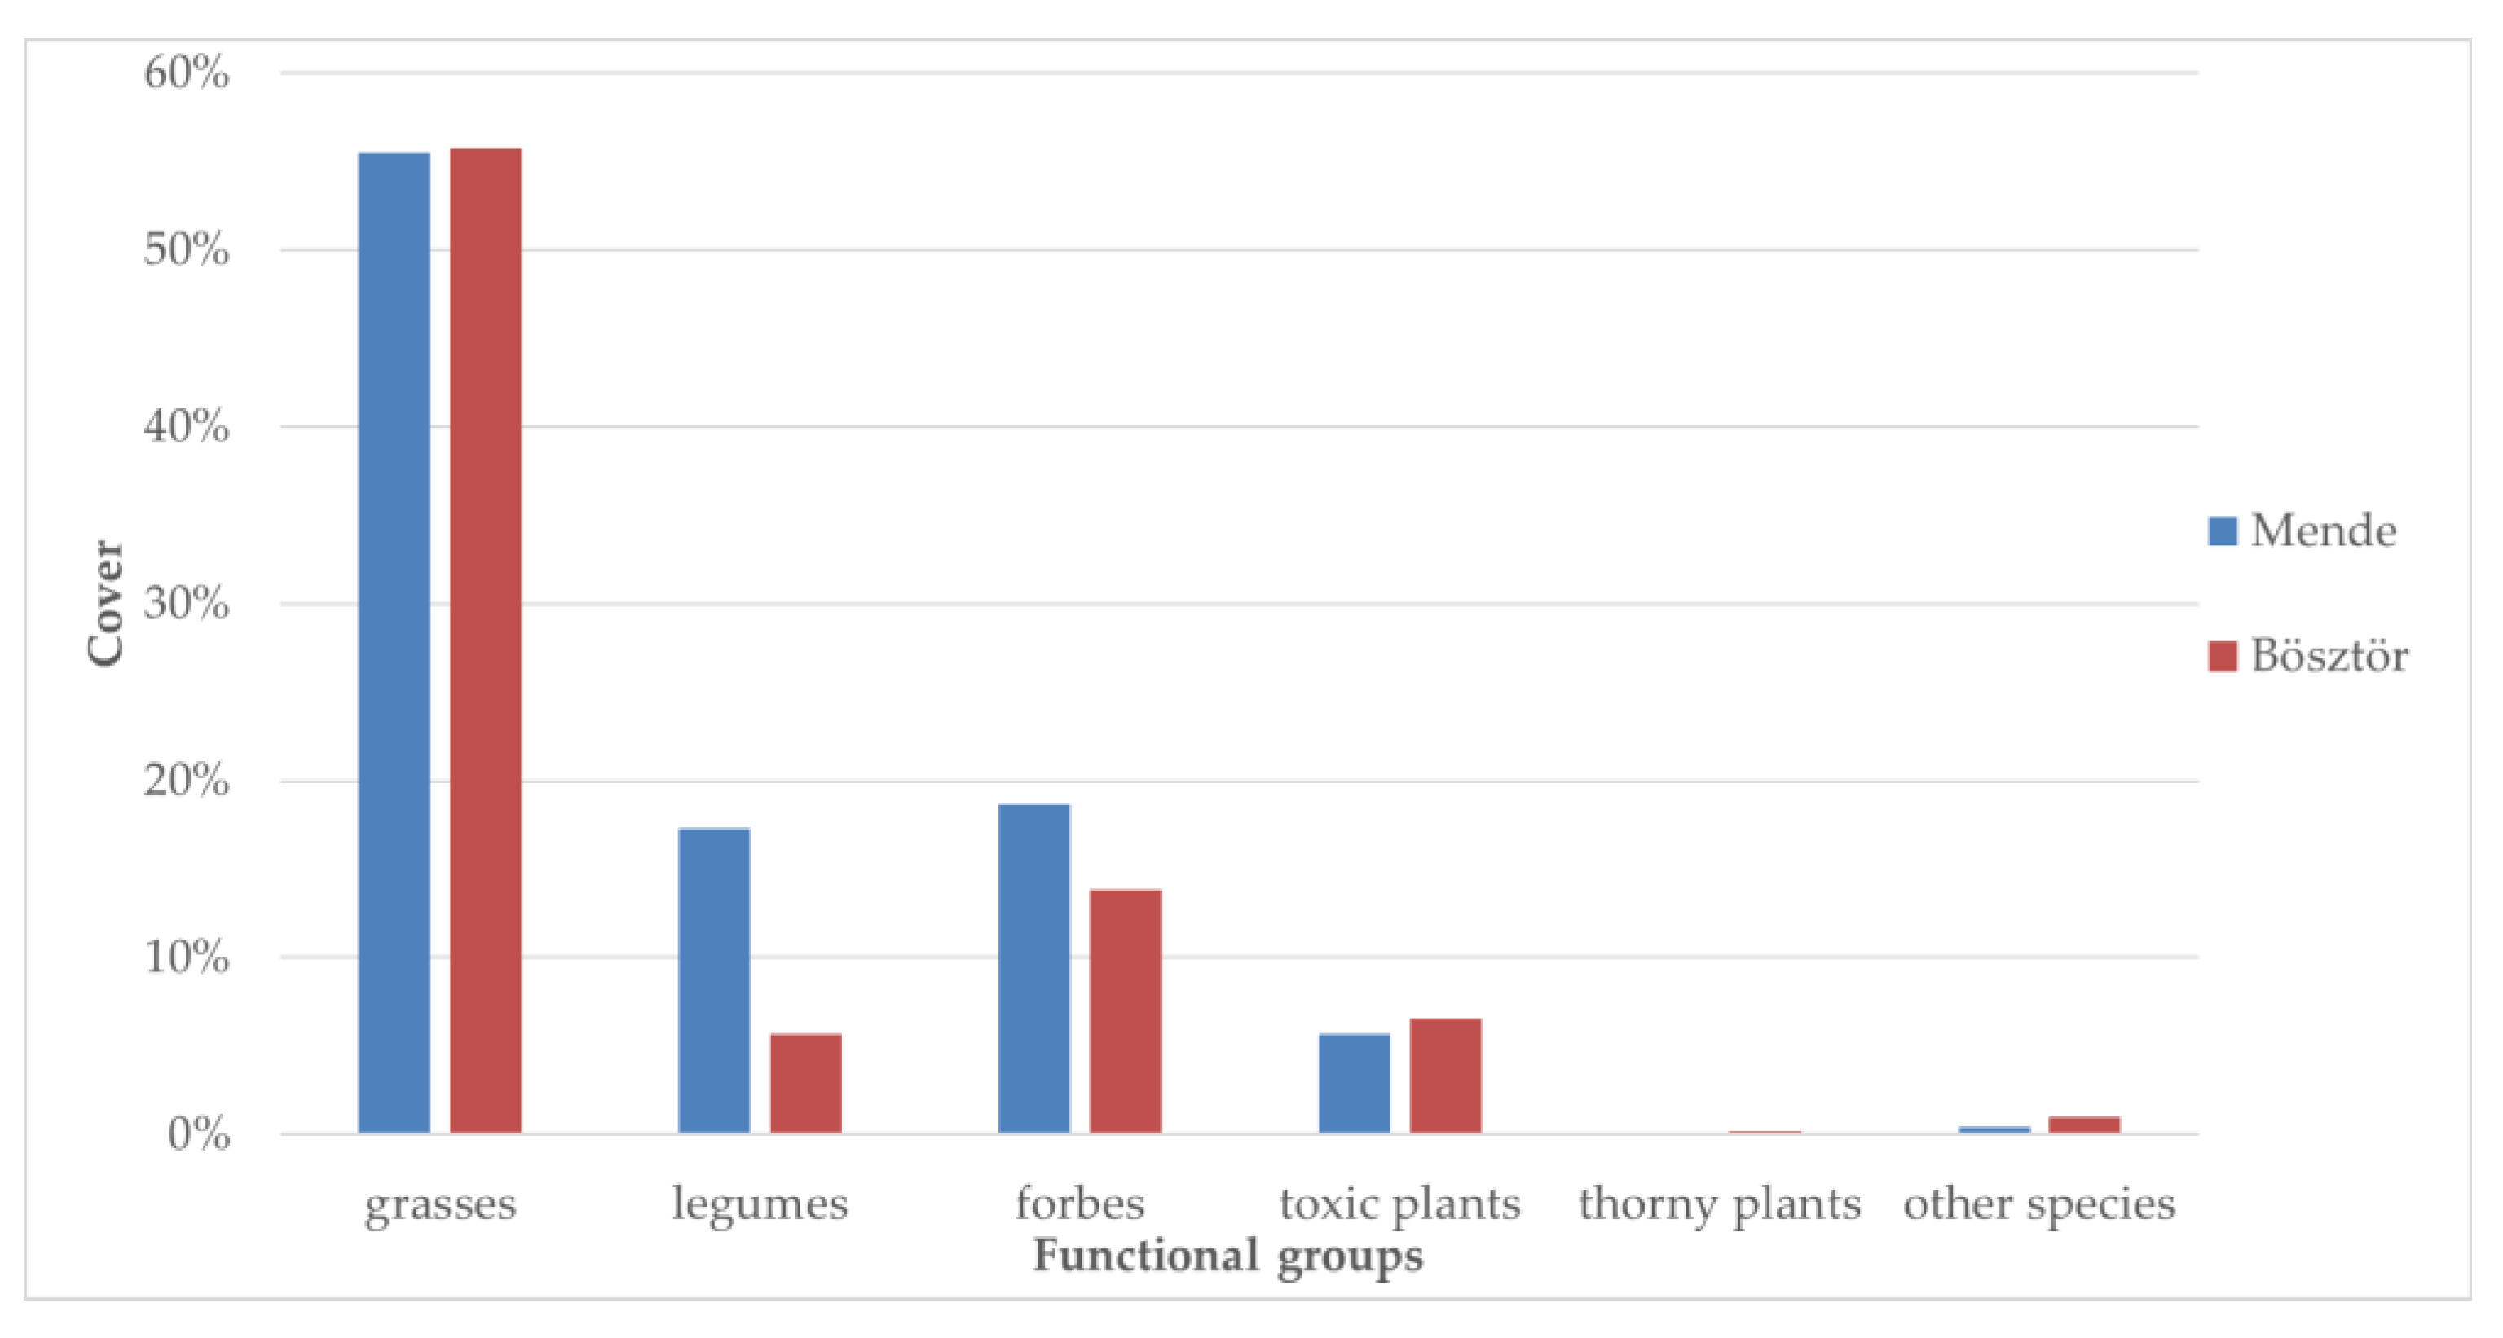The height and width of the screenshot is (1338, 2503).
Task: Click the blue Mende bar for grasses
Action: [x=394, y=642]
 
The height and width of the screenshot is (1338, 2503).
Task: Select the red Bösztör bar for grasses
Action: [x=485, y=640]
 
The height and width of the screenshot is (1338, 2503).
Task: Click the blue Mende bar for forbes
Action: [x=1033, y=968]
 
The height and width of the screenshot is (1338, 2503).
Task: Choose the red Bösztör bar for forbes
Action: [x=1126, y=1010]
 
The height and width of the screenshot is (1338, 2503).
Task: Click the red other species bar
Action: [x=2084, y=1125]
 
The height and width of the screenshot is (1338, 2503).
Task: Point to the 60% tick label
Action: [x=187, y=73]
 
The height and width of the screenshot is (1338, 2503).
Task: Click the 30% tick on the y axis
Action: [x=187, y=605]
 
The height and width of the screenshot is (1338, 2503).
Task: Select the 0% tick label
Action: [x=198, y=1134]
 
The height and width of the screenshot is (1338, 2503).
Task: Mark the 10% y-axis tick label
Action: [x=187, y=958]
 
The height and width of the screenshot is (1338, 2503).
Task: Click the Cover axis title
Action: [x=105, y=604]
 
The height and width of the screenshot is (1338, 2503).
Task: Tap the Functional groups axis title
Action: [x=1227, y=1256]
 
